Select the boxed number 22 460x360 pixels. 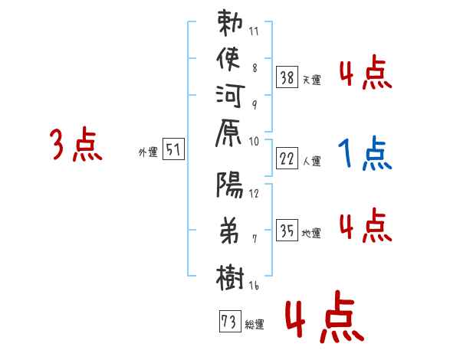point(287,159)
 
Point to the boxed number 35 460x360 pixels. point(287,229)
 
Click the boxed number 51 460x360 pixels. point(173,150)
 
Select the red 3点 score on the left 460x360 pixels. point(75,146)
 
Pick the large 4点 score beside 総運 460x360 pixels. point(322,319)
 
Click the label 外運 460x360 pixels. point(147,152)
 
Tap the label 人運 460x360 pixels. point(312,162)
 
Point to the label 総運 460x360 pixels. point(255,325)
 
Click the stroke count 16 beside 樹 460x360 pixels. point(254,286)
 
